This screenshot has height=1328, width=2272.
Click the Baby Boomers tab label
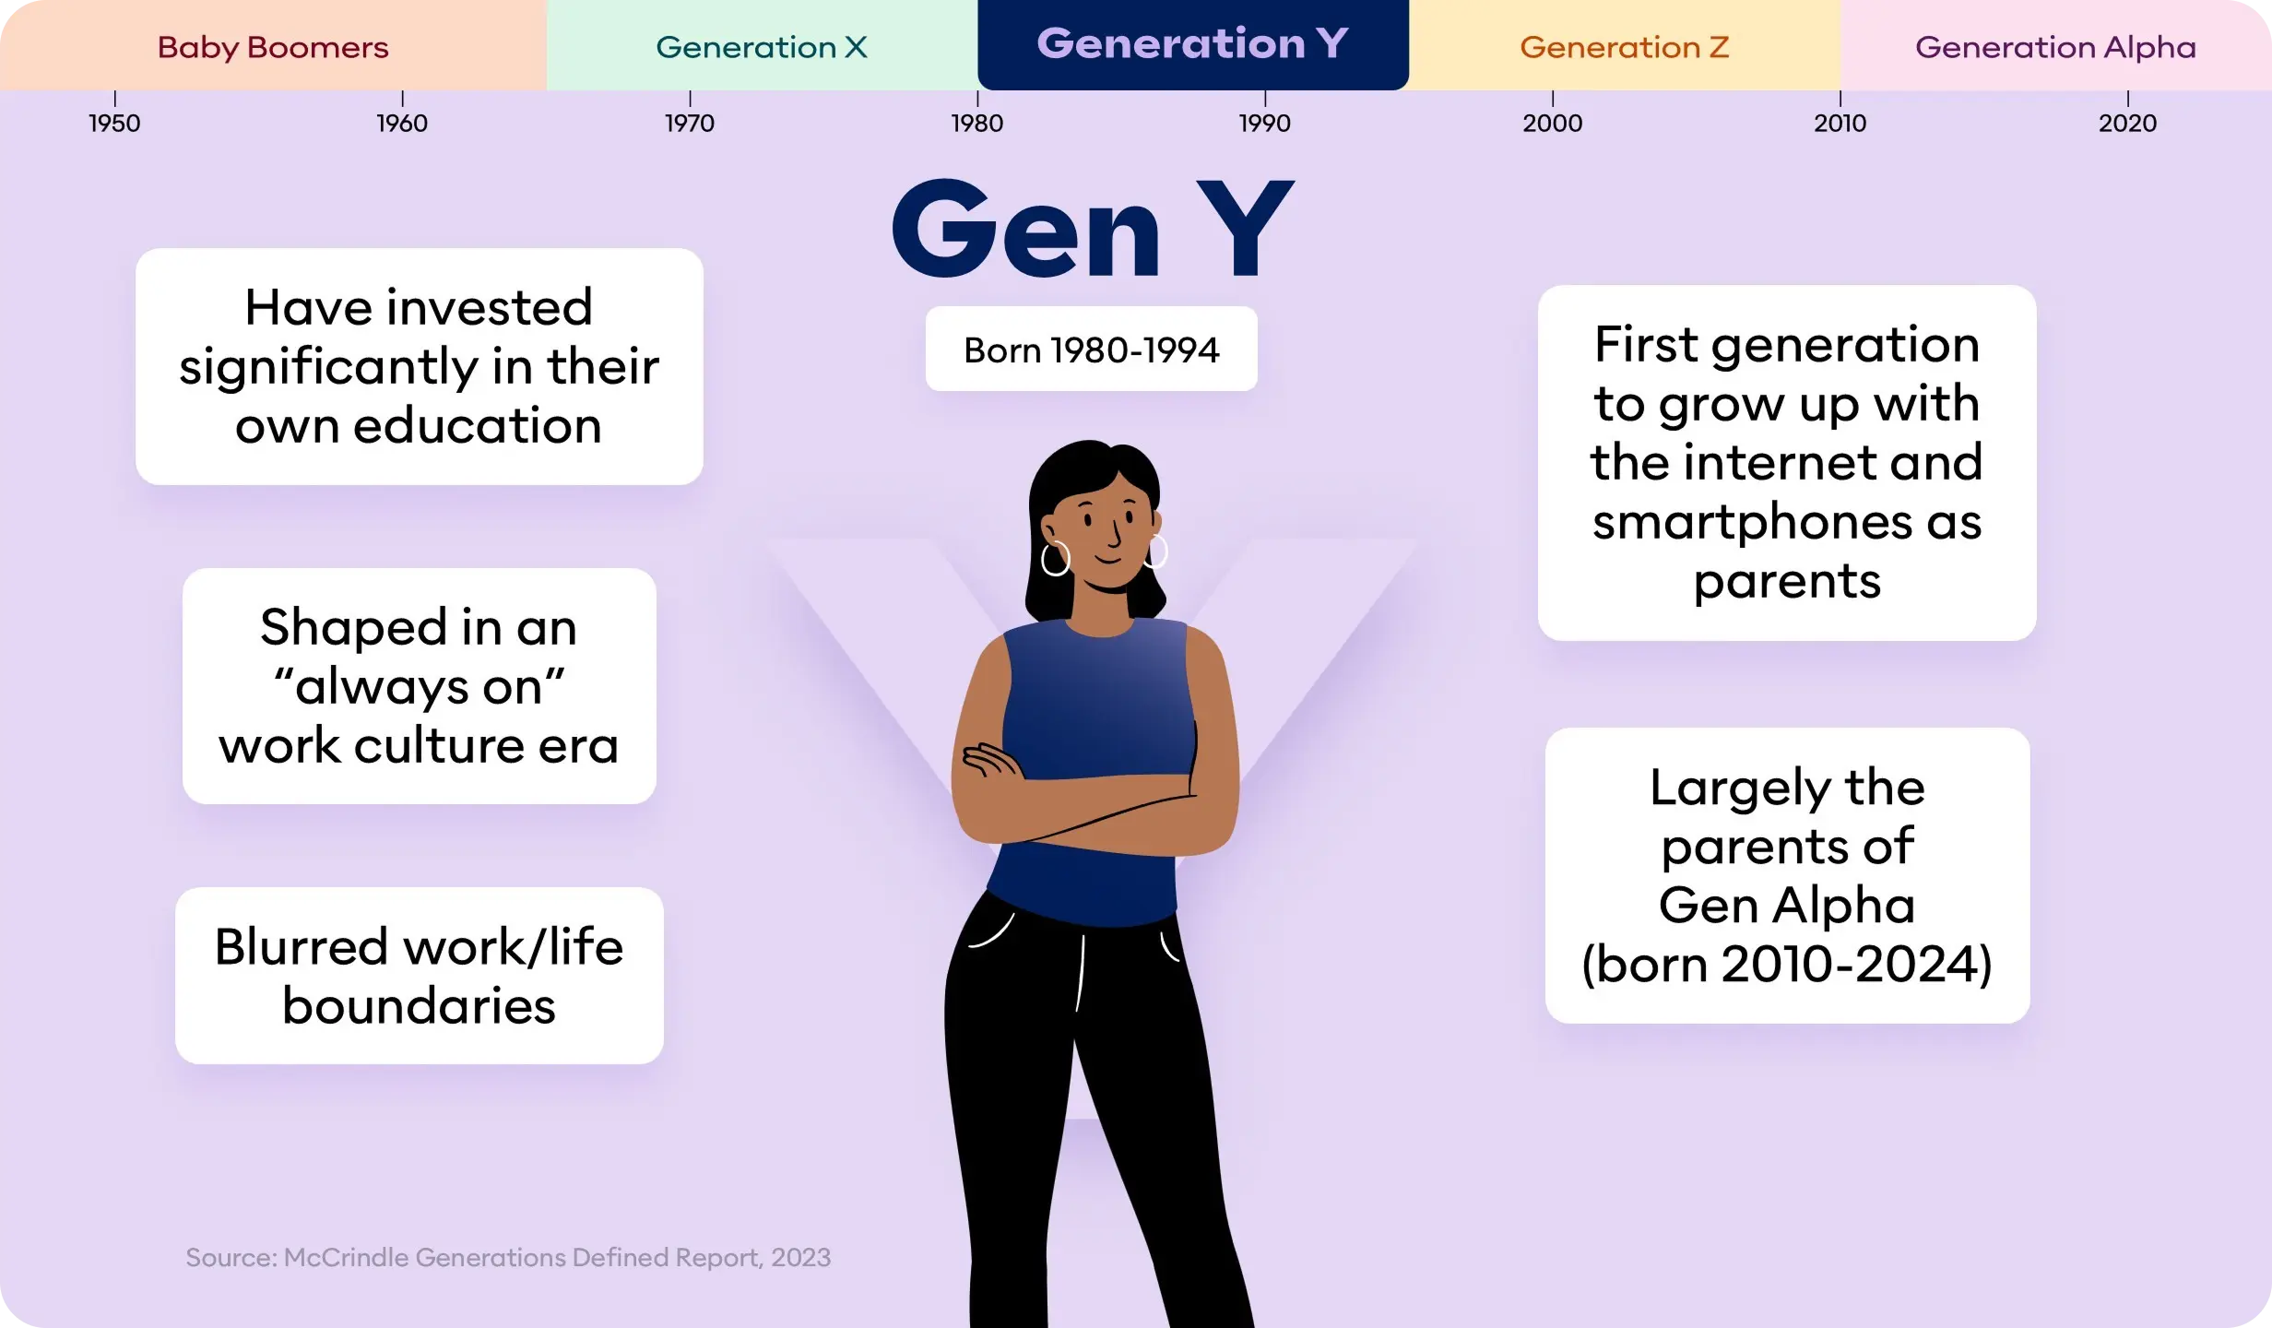273,47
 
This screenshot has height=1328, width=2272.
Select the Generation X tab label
762,47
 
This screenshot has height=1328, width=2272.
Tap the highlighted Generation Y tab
1192,44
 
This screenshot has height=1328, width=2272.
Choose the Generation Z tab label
1624,47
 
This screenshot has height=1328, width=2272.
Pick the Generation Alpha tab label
2055,47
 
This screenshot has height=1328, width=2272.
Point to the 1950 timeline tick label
114,123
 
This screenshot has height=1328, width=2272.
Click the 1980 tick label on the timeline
977,123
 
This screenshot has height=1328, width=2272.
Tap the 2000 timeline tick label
1553,123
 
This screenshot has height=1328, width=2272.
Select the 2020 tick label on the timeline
2127,123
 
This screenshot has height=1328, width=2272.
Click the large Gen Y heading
1093,231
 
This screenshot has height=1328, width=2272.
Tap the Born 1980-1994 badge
1091,350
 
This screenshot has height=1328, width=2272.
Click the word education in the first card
477,426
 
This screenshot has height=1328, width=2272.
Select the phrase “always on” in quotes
420,687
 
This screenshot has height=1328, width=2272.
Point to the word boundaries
420,1006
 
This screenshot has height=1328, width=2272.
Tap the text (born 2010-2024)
1787,965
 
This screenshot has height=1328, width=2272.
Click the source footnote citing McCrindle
508,1258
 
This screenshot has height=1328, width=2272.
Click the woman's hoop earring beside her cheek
1056,558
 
